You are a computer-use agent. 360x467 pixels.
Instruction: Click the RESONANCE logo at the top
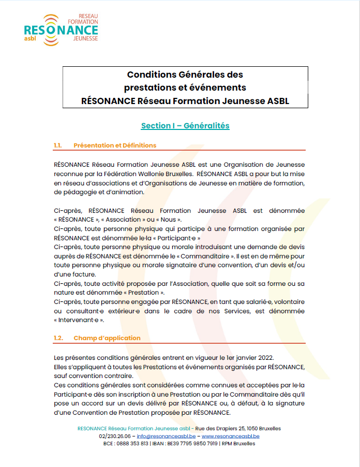[x=61, y=27]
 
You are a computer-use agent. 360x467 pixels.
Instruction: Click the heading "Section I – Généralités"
[x=185, y=126]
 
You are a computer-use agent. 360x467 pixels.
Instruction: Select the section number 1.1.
[x=57, y=145]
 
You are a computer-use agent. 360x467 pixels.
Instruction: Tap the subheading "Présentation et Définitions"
[x=115, y=145]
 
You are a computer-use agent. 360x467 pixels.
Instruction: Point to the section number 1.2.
[x=58, y=338]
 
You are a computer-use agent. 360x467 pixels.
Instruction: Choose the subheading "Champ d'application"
[x=107, y=338]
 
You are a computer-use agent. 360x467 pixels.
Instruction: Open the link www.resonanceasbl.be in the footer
[x=230, y=436]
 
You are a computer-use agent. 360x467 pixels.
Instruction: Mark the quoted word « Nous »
[x=167, y=220]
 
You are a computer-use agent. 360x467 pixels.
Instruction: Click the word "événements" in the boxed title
[x=216, y=87]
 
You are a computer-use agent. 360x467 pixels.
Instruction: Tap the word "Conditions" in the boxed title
[x=151, y=75]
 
